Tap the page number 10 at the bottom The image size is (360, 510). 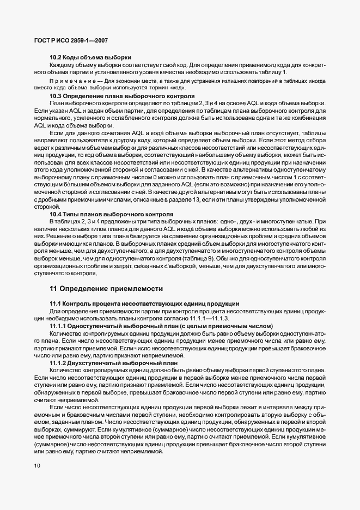[37, 465]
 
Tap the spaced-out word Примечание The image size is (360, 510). [74, 81]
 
